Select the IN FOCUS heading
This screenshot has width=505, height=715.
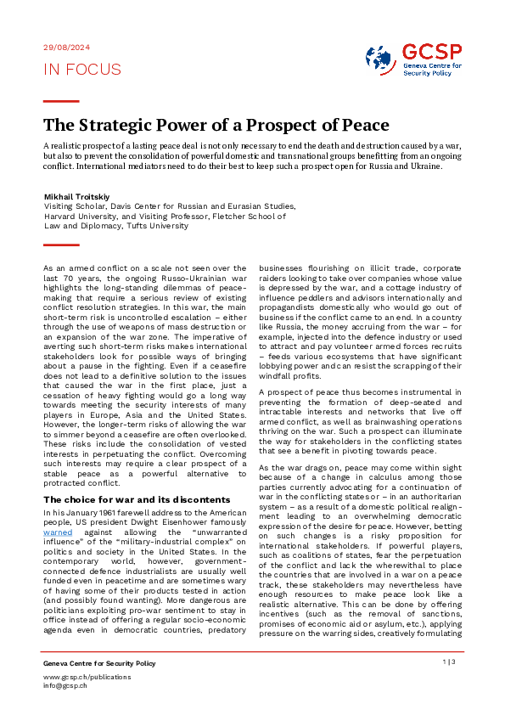tap(82, 70)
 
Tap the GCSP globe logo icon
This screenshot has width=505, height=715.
tap(380, 59)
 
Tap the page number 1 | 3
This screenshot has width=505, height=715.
tap(449, 661)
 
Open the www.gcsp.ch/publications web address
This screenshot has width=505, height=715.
tap(87, 677)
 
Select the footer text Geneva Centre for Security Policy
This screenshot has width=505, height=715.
tap(99, 662)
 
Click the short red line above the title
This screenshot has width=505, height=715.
tap(61, 101)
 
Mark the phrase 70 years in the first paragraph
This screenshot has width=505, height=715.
tap(79, 277)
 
